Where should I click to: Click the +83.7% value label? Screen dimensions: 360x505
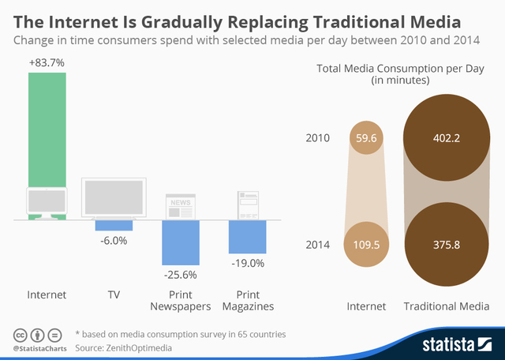[x=47, y=62]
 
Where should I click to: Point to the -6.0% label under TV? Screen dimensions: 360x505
[x=114, y=241]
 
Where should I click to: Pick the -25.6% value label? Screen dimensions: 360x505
[x=181, y=275]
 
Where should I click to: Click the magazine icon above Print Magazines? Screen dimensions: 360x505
[x=247, y=204]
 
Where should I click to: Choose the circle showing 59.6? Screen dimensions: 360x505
[x=366, y=139]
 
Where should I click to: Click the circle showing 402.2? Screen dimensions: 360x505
[x=447, y=139]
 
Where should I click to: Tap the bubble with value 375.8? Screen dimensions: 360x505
[x=447, y=245]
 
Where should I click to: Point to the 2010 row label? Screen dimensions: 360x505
[x=317, y=139]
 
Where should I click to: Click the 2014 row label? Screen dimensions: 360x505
[x=317, y=245]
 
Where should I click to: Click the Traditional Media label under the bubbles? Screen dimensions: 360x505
[x=447, y=306]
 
